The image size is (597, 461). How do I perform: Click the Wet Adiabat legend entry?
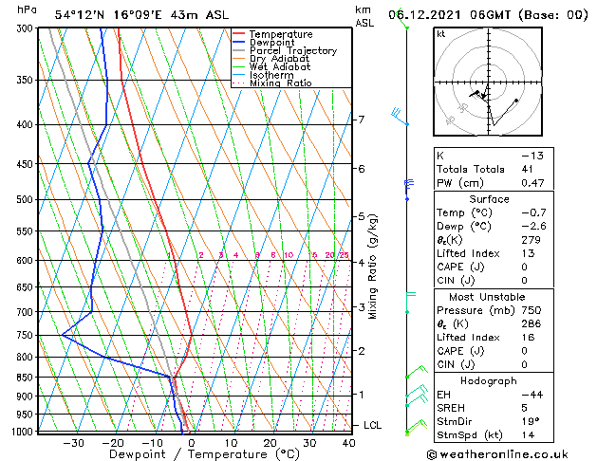tap(281, 66)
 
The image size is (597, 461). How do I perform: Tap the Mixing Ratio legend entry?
tap(280, 83)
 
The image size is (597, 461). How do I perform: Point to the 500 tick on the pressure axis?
tap(25, 200)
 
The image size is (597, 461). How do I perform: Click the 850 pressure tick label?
tap(25, 378)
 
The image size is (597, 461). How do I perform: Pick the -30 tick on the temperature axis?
tap(73, 443)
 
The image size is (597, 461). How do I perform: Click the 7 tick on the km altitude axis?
tap(361, 120)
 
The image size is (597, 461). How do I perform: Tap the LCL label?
tap(372, 426)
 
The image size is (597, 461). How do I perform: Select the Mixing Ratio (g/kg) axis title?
tap(374, 267)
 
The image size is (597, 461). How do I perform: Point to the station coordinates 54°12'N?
tap(77, 14)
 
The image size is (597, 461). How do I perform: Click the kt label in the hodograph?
tap(441, 33)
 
